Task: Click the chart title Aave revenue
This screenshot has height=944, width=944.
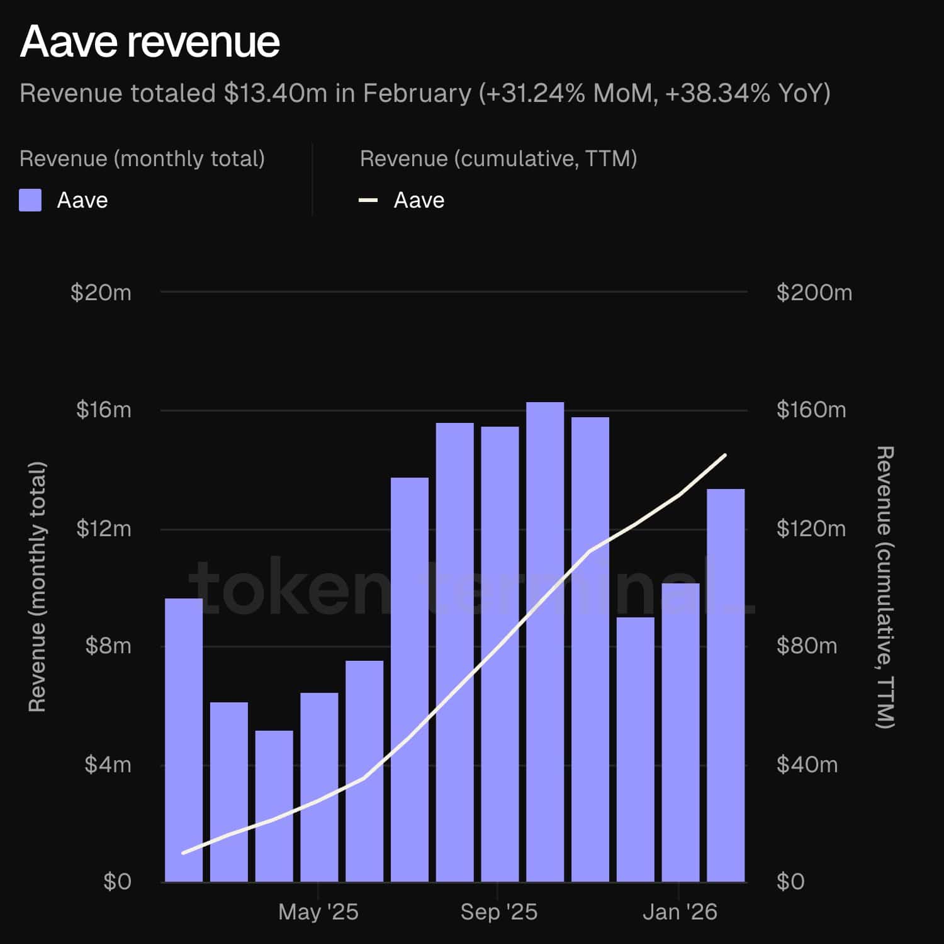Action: tap(150, 42)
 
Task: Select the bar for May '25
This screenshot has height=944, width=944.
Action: tap(319, 787)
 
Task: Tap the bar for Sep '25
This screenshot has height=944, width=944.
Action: tap(500, 655)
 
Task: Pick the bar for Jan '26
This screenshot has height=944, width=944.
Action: tap(680, 733)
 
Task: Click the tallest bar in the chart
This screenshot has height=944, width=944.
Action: tap(545, 642)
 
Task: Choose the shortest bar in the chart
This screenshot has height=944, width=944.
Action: tap(274, 806)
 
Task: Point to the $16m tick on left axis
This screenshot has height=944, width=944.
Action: tap(104, 410)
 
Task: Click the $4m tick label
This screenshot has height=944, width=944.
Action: tap(108, 765)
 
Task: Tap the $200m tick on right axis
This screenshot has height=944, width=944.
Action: tap(814, 293)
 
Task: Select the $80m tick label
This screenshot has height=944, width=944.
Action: tap(807, 646)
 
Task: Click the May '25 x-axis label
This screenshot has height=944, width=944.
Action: tap(318, 912)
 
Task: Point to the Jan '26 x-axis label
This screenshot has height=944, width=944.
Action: tap(680, 912)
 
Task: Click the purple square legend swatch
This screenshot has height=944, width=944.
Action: tap(30, 200)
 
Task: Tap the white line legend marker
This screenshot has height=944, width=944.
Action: tap(368, 200)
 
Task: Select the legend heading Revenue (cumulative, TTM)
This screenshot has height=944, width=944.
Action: tap(498, 159)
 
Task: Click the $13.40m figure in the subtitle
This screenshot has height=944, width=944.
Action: tap(276, 93)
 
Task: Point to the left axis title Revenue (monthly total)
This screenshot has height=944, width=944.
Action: tap(38, 587)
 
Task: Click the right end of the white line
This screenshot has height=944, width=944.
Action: tap(725, 455)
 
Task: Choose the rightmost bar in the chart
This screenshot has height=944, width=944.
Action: tap(726, 686)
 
